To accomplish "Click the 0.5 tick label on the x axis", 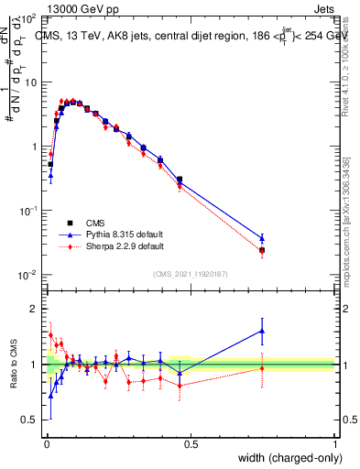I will click(191, 443).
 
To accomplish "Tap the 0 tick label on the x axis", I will click(47, 443).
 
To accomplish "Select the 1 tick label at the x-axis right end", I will click(335, 443).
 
